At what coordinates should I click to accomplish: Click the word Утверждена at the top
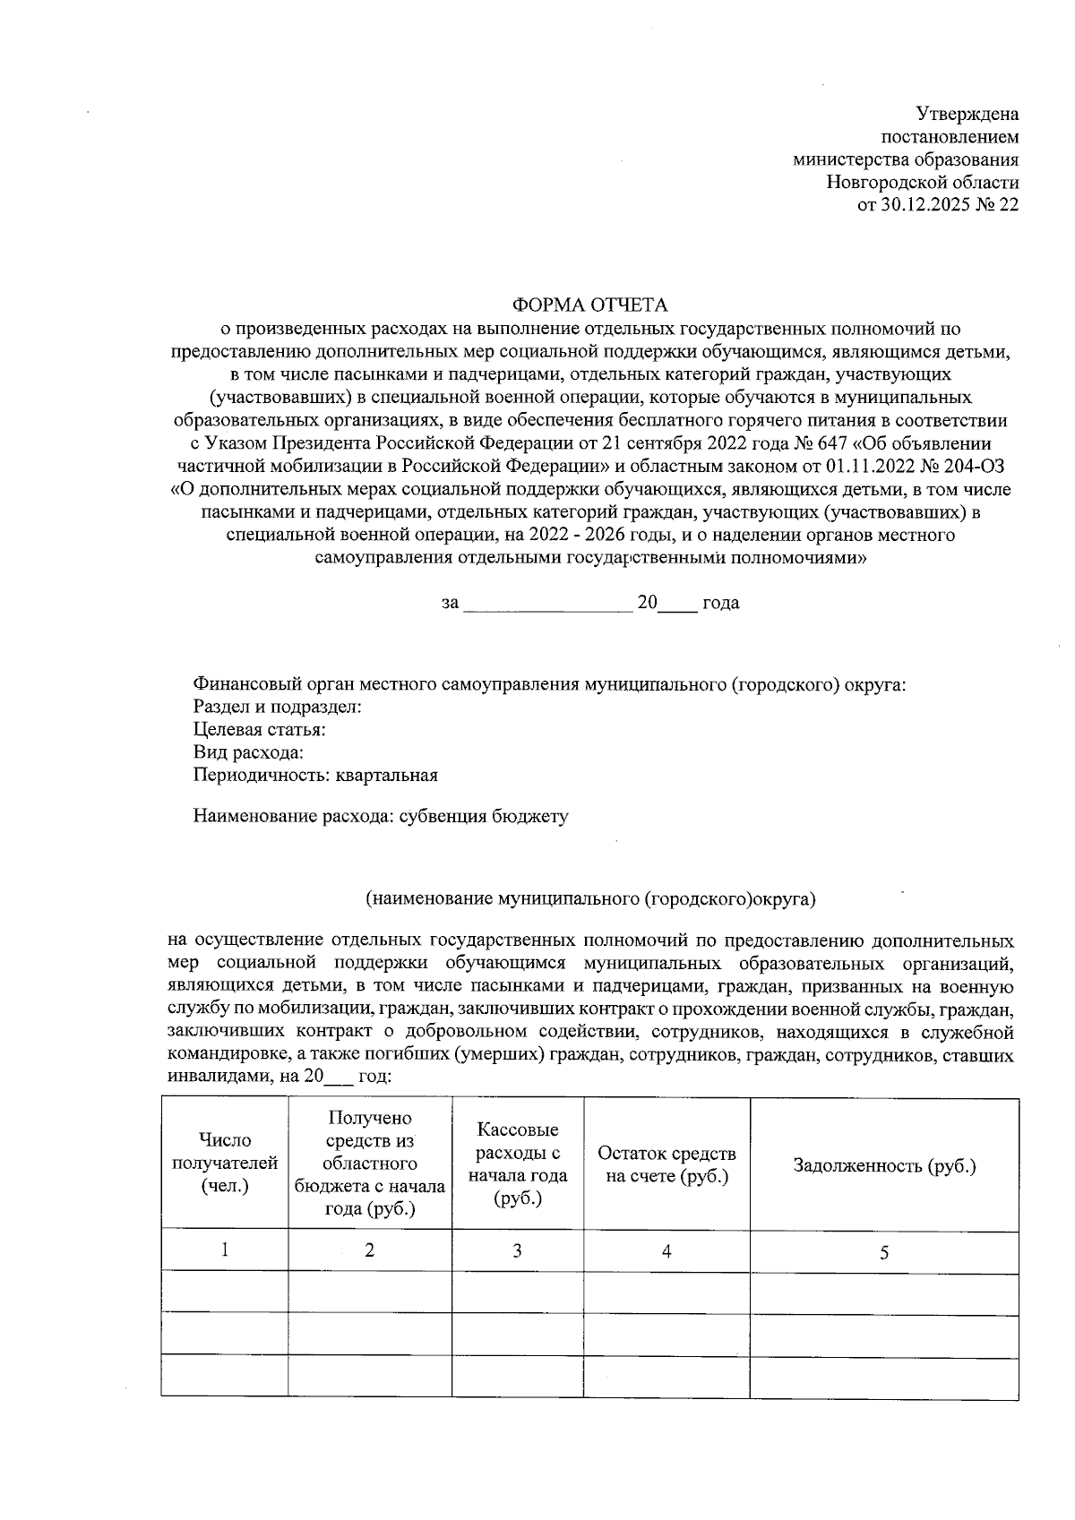pyautogui.click(x=967, y=115)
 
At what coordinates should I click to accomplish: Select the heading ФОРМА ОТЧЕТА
pyautogui.click(x=589, y=305)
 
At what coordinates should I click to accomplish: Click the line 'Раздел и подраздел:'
pyautogui.click(x=277, y=708)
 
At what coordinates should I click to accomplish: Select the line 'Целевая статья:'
pyautogui.click(x=259, y=730)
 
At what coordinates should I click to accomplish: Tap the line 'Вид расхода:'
pyautogui.click(x=248, y=752)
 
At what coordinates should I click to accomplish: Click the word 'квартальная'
pyautogui.click(x=386, y=776)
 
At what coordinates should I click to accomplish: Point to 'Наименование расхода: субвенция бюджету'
pyautogui.click(x=380, y=817)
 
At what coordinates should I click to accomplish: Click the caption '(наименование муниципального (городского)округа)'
pyautogui.click(x=591, y=897)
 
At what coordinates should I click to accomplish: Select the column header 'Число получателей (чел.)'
pyautogui.click(x=225, y=1164)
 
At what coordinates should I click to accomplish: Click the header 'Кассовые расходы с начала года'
pyautogui.click(x=518, y=1164)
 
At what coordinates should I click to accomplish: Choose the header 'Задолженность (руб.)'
pyautogui.click(x=883, y=1166)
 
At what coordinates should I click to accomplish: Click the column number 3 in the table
pyautogui.click(x=517, y=1251)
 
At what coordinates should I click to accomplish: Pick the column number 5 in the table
pyautogui.click(x=883, y=1253)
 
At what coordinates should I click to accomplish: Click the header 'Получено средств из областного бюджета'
pyautogui.click(x=369, y=1164)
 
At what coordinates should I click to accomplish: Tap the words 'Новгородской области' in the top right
pyautogui.click(x=923, y=183)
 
